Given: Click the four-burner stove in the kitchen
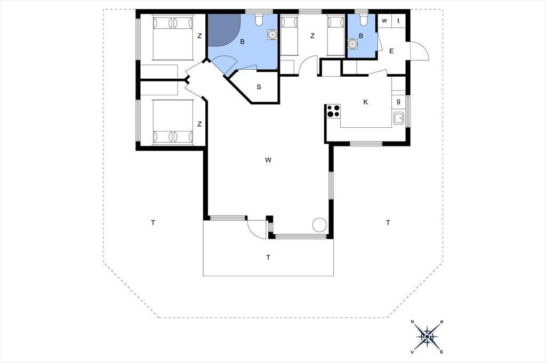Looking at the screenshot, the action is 333,111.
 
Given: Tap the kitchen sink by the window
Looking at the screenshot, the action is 399,119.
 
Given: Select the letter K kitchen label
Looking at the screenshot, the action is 365,102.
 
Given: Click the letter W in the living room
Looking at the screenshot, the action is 268,160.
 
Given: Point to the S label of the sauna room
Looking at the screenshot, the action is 259,87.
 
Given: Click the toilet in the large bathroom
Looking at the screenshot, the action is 259,20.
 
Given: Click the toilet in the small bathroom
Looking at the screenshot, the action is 364,20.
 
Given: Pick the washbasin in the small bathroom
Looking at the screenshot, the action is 353,44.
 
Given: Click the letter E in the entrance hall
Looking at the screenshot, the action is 391,51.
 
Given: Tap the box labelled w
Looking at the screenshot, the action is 384,21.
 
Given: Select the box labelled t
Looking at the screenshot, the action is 398,21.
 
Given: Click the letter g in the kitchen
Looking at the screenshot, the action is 398,102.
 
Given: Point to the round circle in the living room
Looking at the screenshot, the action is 319,225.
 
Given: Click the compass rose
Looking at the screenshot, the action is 427,336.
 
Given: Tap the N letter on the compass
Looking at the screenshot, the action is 413,321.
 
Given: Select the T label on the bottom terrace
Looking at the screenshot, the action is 268,258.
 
